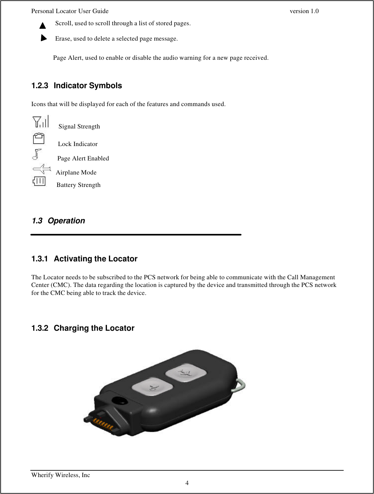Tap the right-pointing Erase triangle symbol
44,38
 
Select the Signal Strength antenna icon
41,122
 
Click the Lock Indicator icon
39,139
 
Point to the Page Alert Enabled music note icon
37,154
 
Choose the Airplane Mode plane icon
42,169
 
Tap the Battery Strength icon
39,181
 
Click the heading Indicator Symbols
88,86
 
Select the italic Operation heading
66,221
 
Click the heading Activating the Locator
95,259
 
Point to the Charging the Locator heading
94,328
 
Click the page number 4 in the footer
187,483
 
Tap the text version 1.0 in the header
304,11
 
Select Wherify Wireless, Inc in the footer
61,475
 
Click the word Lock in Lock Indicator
65,144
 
